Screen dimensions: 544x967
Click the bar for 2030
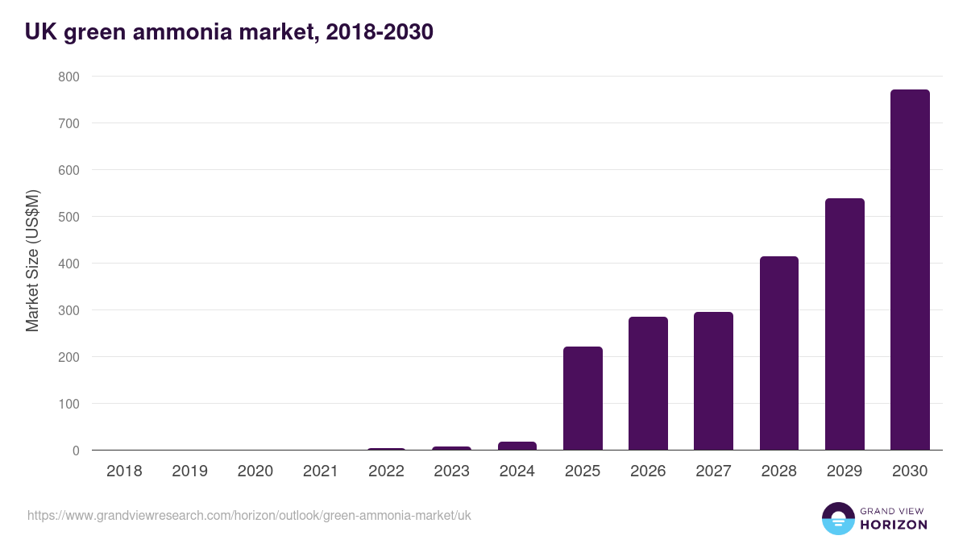(x=910, y=270)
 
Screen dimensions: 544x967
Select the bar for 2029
(x=845, y=324)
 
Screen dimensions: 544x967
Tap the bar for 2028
(x=779, y=353)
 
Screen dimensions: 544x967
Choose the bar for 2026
(x=648, y=384)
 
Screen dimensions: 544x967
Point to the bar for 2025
(x=583, y=398)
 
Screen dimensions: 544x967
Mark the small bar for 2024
(x=517, y=446)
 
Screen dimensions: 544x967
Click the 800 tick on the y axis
(x=68, y=77)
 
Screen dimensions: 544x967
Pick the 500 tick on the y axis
(x=68, y=217)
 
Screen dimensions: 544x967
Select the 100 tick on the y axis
(x=68, y=404)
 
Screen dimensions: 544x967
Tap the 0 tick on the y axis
(x=75, y=451)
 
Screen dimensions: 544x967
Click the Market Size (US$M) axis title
(x=32, y=260)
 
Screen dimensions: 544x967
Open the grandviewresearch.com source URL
(x=249, y=515)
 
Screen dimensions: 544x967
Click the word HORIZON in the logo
(x=894, y=525)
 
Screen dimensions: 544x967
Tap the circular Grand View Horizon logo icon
(x=838, y=518)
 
